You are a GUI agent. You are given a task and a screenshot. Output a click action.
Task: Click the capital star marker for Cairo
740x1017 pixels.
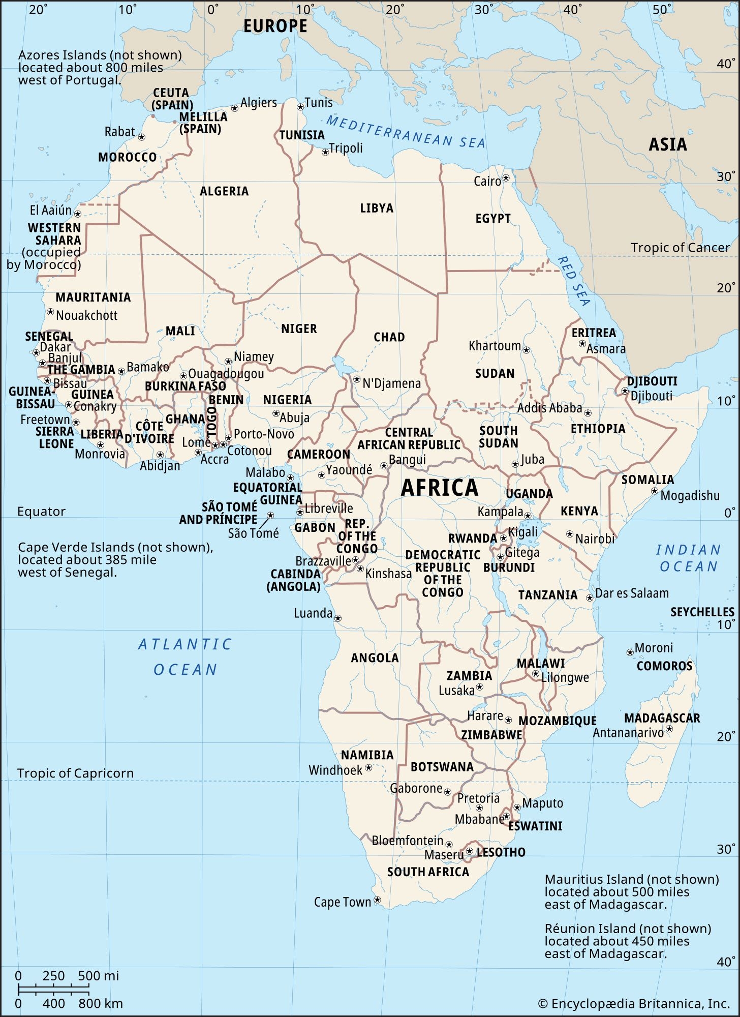point(506,178)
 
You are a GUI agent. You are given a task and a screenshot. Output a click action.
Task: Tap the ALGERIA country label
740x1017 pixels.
point(224,191)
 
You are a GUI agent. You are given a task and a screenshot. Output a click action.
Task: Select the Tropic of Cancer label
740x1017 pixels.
point(680,248)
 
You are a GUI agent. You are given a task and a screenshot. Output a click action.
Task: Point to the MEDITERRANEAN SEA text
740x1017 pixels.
point(405,132)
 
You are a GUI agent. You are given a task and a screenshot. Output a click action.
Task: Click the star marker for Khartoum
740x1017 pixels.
point(527,350)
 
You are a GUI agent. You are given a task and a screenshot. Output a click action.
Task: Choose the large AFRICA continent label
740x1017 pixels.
point(440,488)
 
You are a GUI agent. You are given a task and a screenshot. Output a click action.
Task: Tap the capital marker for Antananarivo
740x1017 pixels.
point(669,729)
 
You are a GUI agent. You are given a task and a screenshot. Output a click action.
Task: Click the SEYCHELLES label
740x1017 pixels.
point(702,612)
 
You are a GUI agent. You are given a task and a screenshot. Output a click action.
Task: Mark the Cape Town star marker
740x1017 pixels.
point(377,900)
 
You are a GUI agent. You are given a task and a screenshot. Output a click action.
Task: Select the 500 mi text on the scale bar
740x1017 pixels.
point(99,975)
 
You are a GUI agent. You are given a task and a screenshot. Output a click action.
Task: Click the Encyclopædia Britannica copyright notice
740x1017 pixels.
point(634,1003)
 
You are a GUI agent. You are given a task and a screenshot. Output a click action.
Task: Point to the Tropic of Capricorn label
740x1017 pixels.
point(75,773)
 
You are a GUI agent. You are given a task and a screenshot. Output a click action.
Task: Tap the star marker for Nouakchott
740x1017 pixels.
point(50,311)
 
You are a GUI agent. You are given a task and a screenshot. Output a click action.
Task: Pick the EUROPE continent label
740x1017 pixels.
point(275,26)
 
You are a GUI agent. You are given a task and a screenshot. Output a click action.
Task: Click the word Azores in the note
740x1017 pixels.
point(37,55)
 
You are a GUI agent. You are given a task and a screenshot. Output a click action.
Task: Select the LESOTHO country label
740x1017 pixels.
point(501,852)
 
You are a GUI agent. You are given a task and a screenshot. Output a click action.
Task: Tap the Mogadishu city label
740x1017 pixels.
point(690,495)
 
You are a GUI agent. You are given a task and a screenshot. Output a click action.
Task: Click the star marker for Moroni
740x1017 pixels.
point(630,651)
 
